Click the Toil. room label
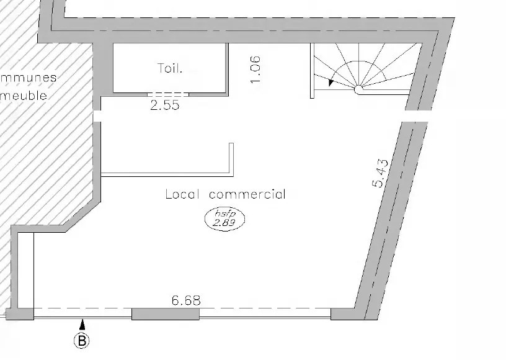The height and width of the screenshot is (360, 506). (x=170, y=68)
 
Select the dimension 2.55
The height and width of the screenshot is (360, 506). (x=165, y=106)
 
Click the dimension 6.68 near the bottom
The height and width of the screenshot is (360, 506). (x=186, y=300)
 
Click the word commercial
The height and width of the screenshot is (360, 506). (x=248, y=194)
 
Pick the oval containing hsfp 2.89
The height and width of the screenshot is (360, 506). (x=225, y=219)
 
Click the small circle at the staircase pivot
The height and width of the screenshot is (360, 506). (x=358, y=89)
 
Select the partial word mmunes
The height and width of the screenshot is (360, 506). (x=29, y=78)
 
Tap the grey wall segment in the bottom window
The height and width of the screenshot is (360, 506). (x=166, y=314)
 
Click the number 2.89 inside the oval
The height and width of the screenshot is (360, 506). (x=226, y=224)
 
